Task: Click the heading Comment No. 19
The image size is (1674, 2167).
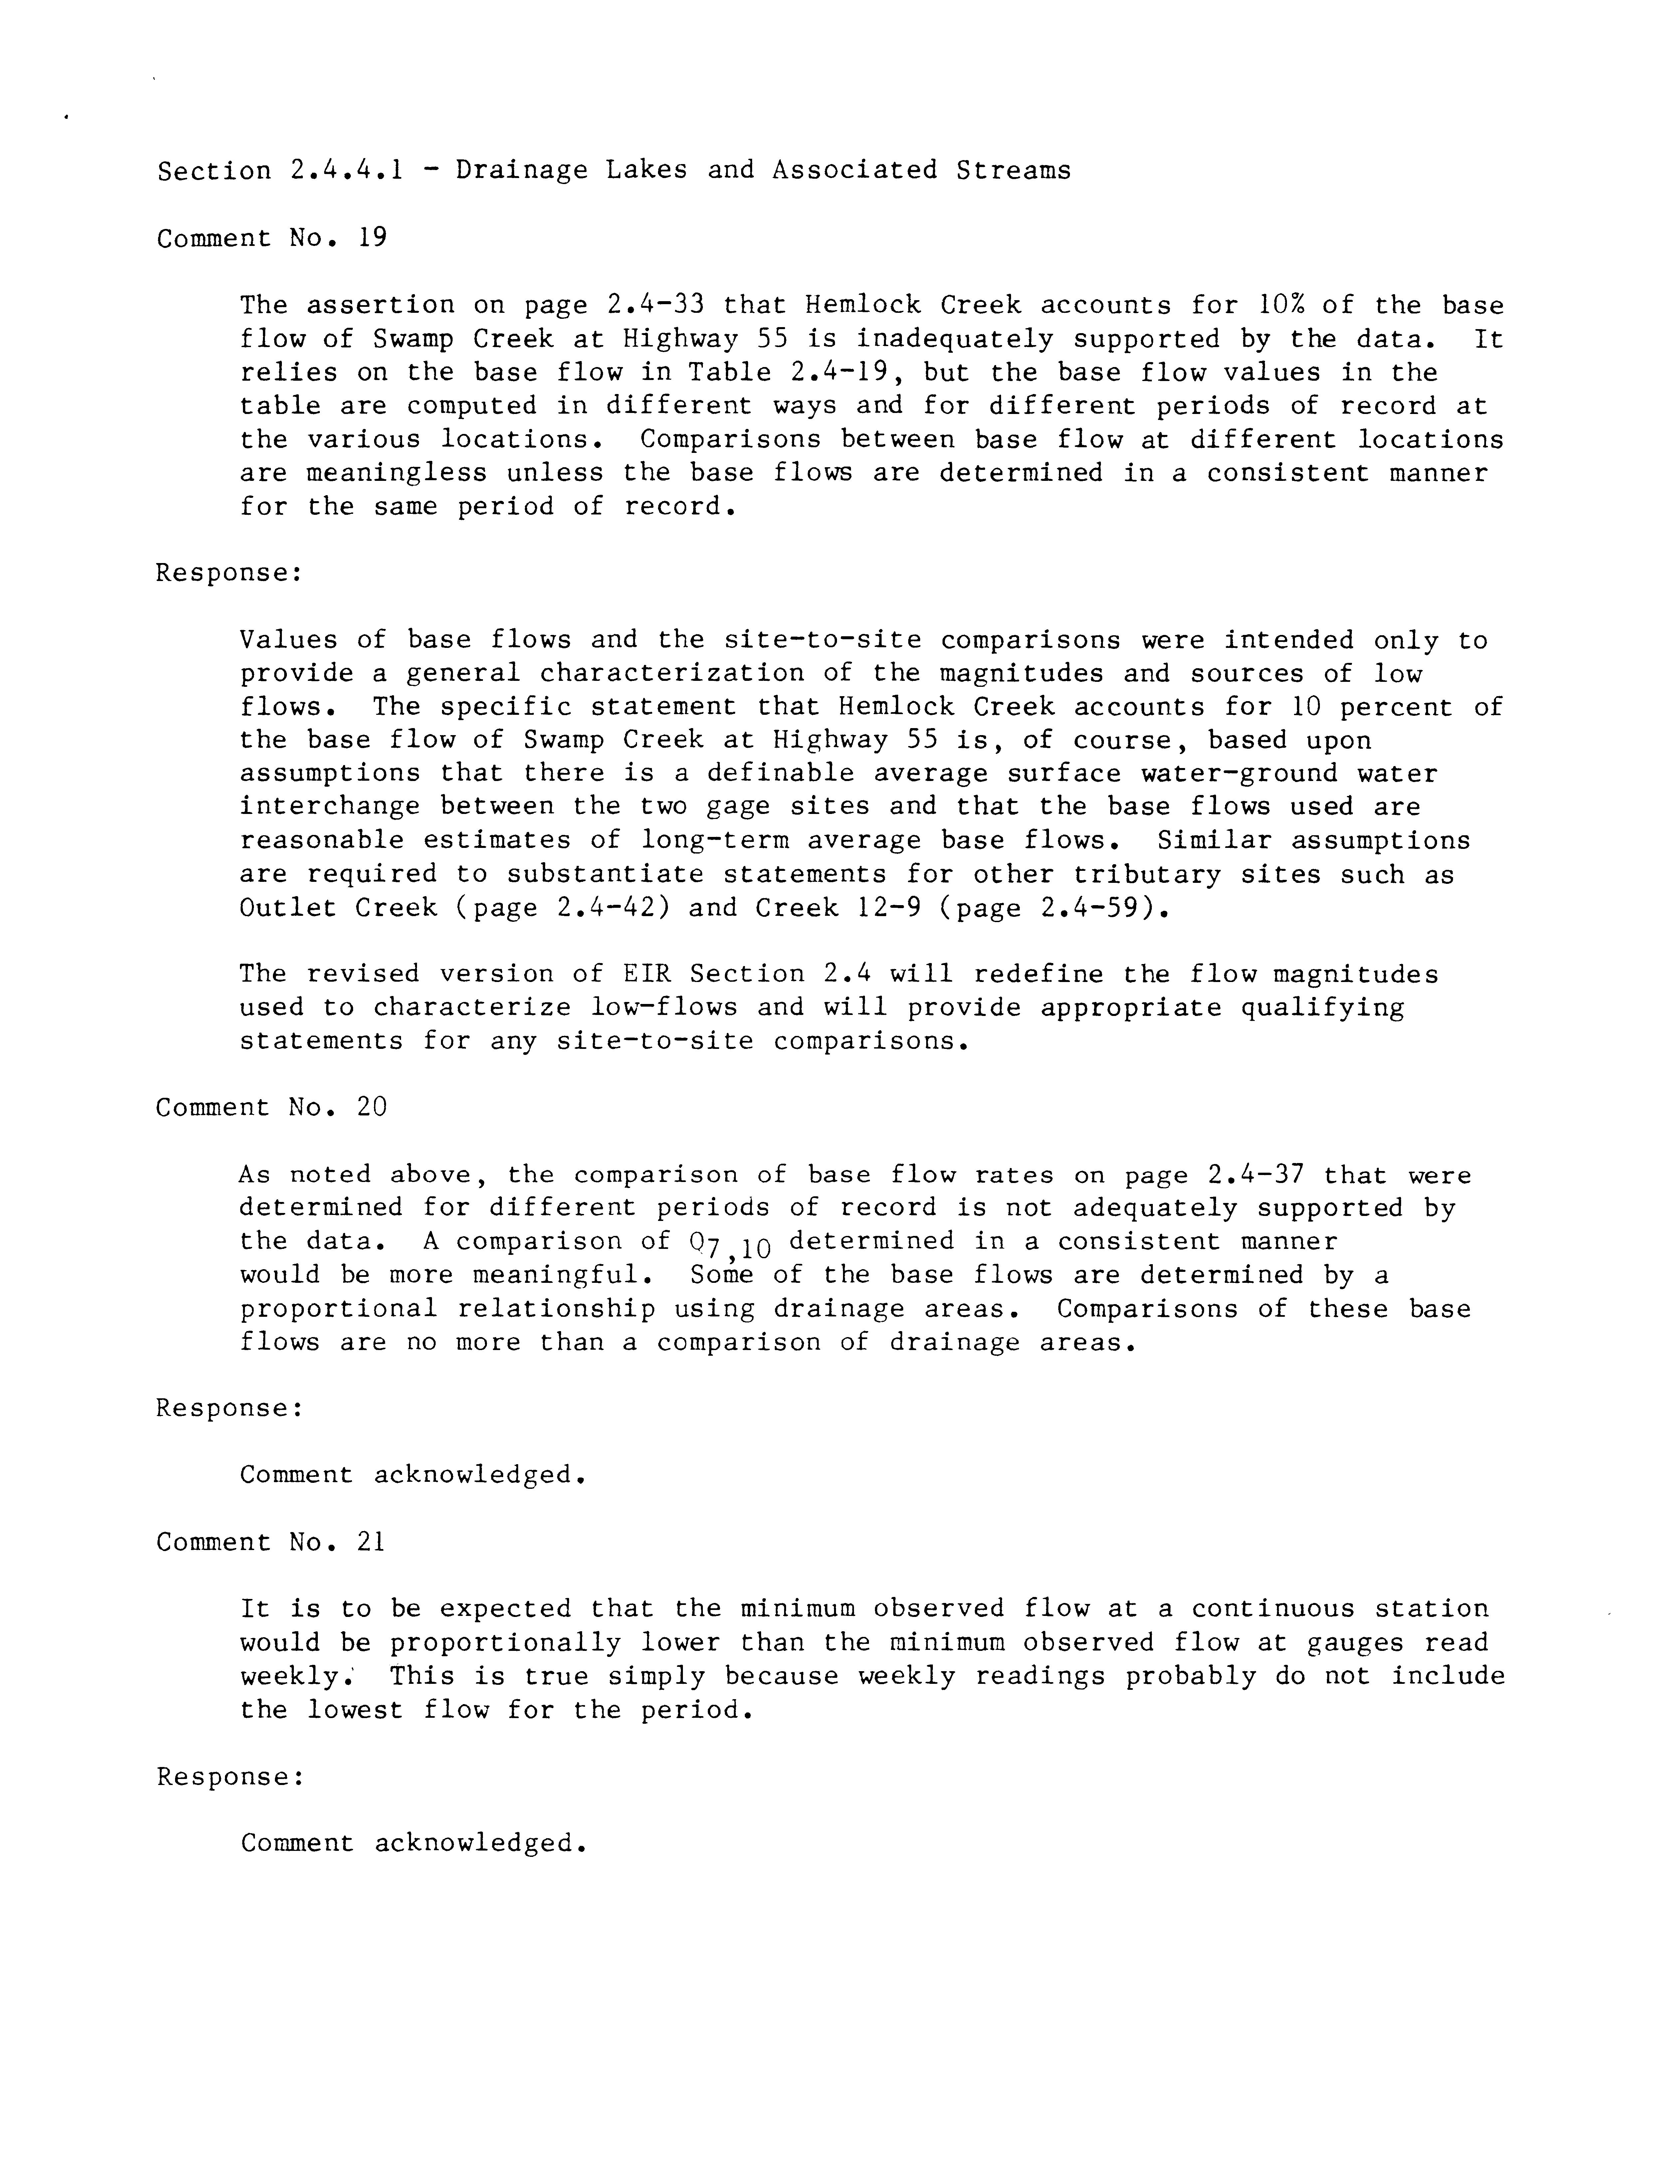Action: pos(271,238)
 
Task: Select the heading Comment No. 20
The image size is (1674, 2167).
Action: pos(271,1107)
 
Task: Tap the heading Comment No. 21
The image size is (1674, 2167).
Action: pos(270,1542)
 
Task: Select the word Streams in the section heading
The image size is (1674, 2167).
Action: pos(1013,171)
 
